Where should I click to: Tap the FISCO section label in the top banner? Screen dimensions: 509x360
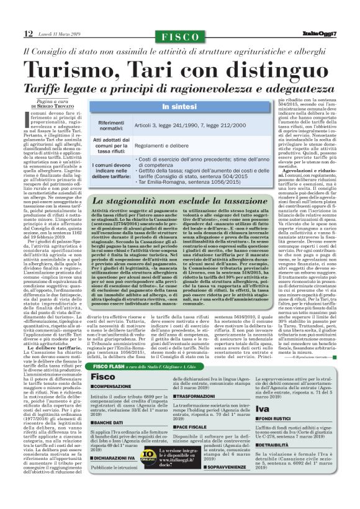tap(181, 37)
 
